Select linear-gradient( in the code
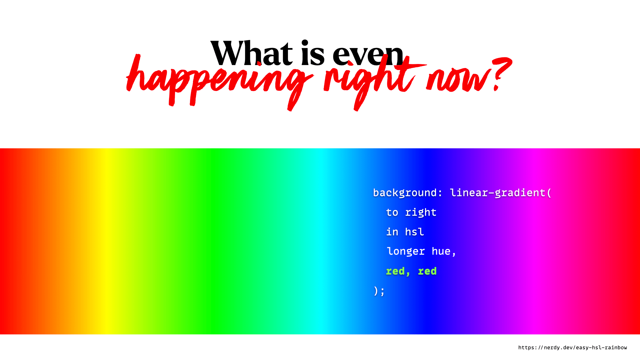coord(501,193)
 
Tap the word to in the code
coord(392,212)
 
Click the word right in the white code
coord(421,213)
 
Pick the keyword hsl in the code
coord(414,232)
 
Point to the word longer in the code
coord(406,251)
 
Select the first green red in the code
coord(395,271)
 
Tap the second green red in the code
coord(427,271)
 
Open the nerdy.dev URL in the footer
coord(572,347)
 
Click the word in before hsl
coord(392,232)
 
